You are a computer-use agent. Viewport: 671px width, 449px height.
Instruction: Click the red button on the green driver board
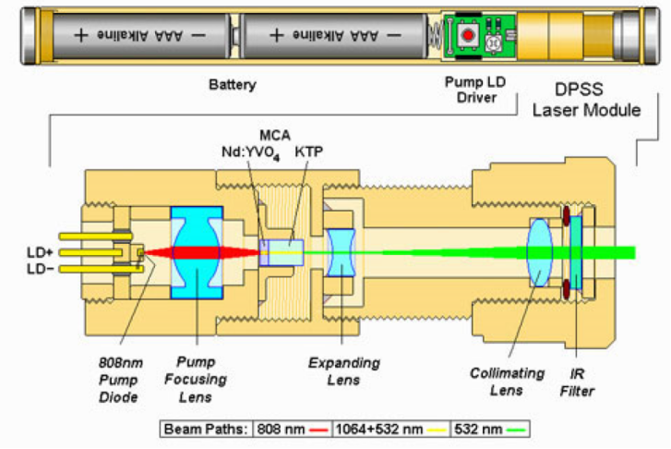point(468,34)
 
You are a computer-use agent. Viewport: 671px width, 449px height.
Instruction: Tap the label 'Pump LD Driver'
point(475,90)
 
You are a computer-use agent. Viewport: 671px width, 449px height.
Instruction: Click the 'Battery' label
point(233,84)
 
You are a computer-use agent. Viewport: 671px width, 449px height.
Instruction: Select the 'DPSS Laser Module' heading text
point(586,100)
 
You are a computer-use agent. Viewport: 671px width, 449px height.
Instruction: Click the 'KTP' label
point(308,152)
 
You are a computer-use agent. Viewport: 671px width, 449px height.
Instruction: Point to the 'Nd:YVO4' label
point(250,152)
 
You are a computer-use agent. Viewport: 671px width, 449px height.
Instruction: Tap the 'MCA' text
point(275,136)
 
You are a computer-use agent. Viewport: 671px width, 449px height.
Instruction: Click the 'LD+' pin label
point(41,252)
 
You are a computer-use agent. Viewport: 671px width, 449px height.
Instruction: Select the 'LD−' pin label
point(41,269)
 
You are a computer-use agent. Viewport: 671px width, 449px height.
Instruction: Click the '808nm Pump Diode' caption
point(120,380)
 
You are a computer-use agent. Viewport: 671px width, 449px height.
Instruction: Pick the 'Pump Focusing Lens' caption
point(196,379)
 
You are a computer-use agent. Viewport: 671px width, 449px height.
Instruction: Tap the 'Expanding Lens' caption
point(344,371)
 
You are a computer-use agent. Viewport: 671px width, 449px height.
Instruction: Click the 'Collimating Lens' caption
point(507,382)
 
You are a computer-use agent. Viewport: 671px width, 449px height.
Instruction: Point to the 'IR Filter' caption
point(577,382)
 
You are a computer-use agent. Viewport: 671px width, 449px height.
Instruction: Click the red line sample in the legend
point(318,430)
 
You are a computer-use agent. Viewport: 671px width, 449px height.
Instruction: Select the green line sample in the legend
point(516,430)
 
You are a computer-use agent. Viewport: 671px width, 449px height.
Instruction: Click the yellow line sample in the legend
point(437,430)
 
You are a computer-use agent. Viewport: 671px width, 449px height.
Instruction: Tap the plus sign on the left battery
point(80,35)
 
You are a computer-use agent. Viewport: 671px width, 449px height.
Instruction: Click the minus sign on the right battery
point(394,35)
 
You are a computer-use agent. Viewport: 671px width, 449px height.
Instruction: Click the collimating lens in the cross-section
point(539,252)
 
